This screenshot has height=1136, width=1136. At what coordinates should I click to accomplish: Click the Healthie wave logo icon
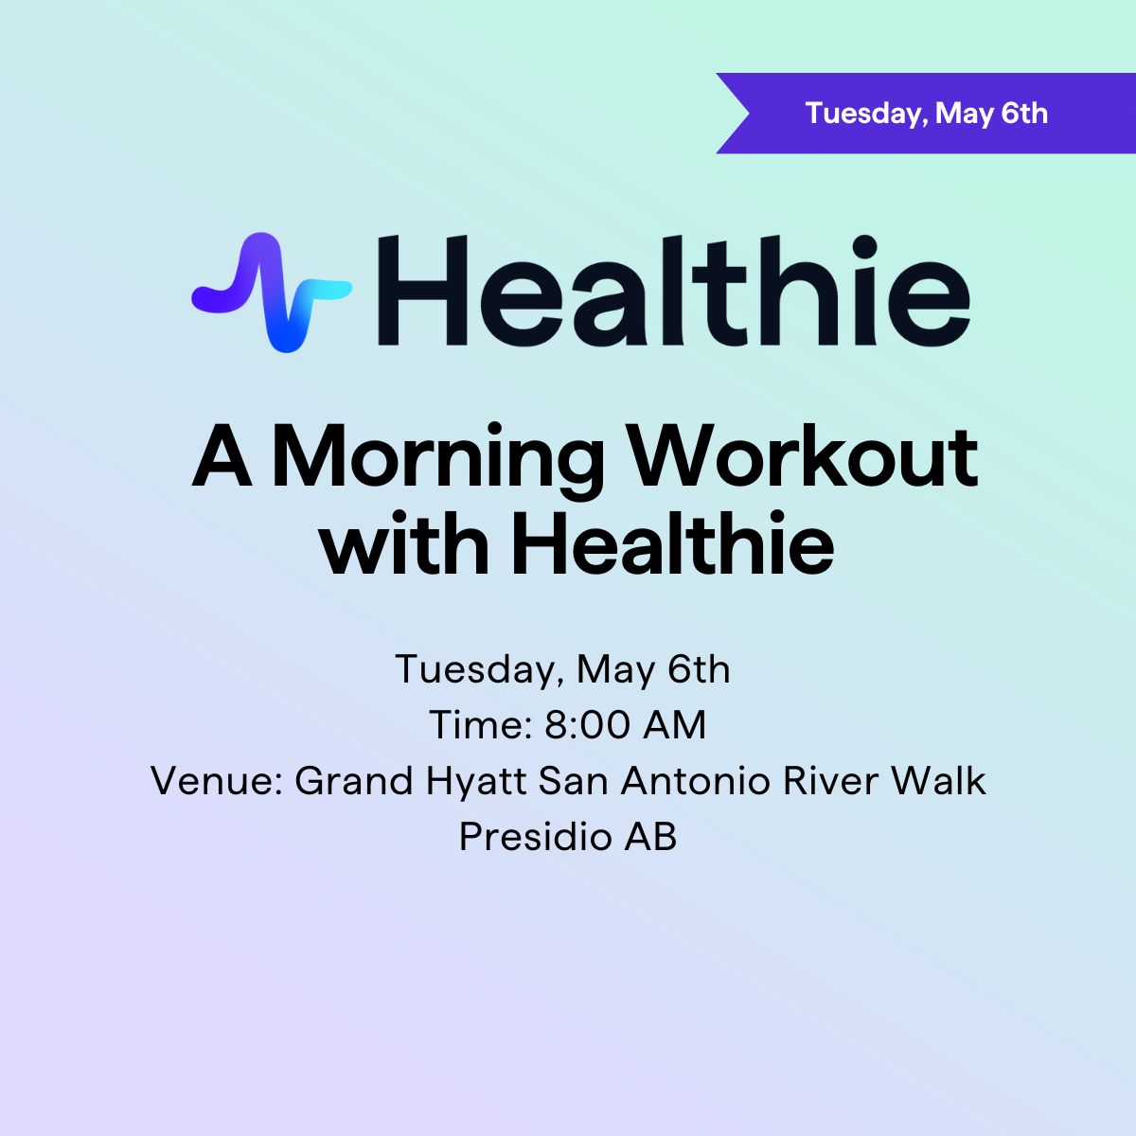pos(272,293)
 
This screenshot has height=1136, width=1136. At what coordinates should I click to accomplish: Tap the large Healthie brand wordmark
pos(673,290)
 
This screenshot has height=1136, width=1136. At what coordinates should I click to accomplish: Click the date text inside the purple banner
pos(926,114)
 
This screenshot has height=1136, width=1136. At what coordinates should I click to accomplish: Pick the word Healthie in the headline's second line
pos(673,542)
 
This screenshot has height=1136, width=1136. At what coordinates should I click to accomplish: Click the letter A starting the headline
pos(222,456)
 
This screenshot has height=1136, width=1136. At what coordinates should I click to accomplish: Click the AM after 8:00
pos(674,724)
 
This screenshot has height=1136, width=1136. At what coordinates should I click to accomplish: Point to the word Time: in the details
pos(481,724)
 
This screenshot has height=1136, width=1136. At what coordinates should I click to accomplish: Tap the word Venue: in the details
pos(217,780)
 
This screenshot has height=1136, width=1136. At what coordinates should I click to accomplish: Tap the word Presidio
pos(535,836)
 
